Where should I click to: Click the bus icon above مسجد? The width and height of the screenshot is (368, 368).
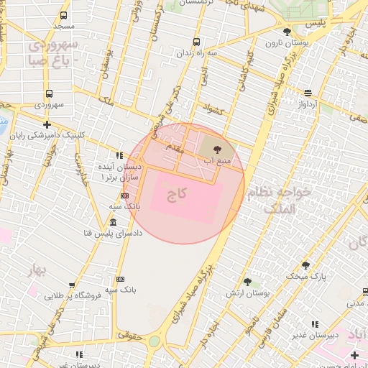pyautogui.click(x=64, y=15)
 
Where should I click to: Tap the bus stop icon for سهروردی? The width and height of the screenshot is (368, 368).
pyautogui.click(x=49, y=93)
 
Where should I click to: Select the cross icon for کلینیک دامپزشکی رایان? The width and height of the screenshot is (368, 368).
pyautogui.click(x=47, y=124)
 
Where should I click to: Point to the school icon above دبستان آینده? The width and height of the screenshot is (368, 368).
pyautogui.click(x=119, y=155)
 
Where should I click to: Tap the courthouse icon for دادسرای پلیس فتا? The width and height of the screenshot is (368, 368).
pyautogui.click(x=114, y=221)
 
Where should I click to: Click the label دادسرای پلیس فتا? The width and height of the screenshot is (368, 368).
pyautogui.click(x=114, y=233)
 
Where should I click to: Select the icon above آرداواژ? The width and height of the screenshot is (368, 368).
pyautogui.click(x=308, y=93)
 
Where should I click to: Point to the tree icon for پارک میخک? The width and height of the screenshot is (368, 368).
pyautogui.click(x=305, y=265)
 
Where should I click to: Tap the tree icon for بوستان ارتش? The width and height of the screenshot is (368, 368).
pyautogui.click(x=247, y=282)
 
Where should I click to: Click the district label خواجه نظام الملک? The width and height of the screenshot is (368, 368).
pyautogui.click(x=280, y=200)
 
